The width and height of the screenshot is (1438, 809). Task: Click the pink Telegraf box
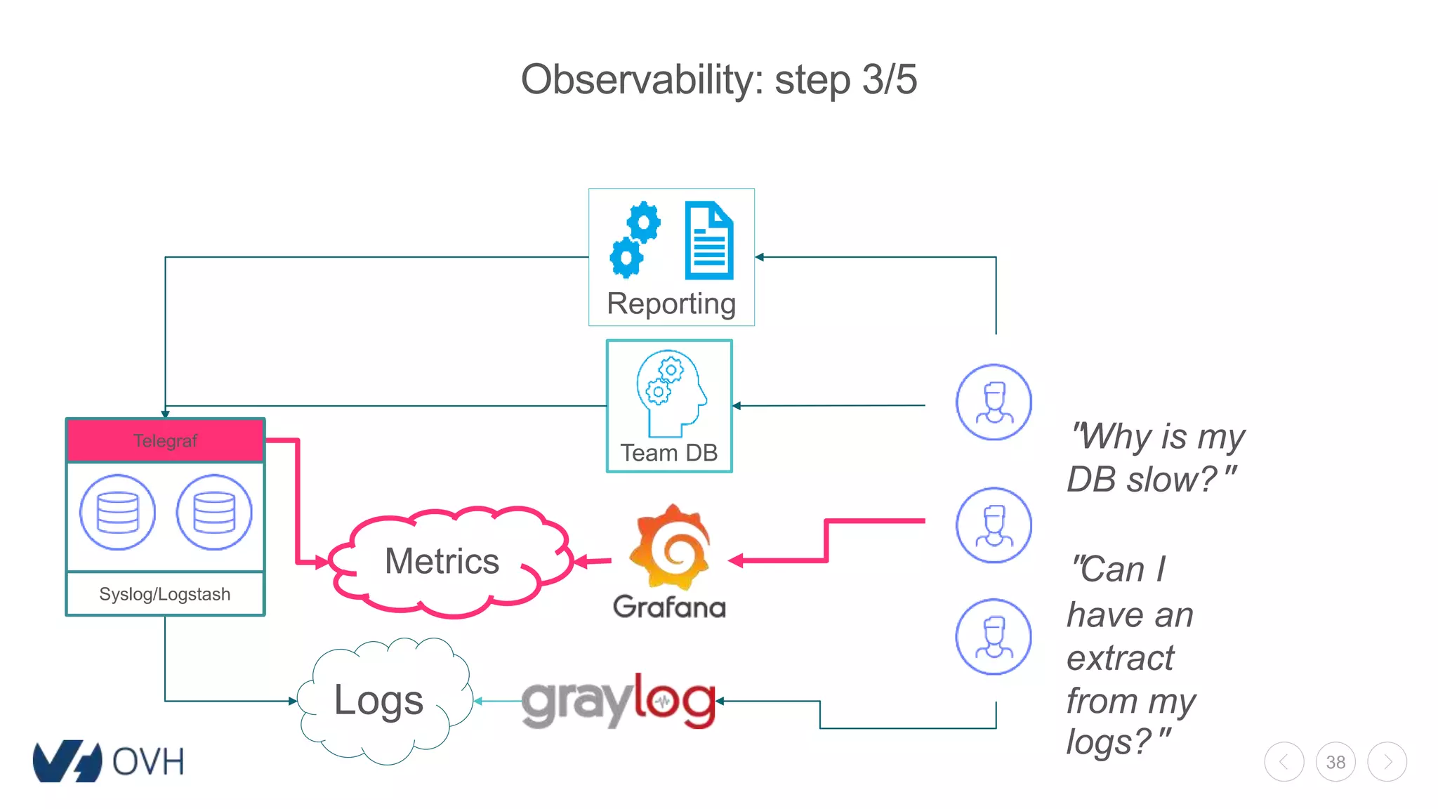pyautogui.click(x=165, y=440)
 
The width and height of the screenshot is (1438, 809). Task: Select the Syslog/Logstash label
pyautogui.click(x=165, y=594)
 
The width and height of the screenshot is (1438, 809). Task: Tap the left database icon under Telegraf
pyautogui.click(x=117, y=512)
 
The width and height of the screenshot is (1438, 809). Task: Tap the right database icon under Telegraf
pyautogui.click(x=213, y=512)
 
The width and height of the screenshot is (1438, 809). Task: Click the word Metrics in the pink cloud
pyautogui.click(x=442, y=561)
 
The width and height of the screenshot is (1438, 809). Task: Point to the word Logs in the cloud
pyautogui.click(x=378, y=700)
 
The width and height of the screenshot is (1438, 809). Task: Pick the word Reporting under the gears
pyautogui.click(x=671, y=303)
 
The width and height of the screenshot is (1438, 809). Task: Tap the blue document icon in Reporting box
pyautogui.click(x=709, y=240)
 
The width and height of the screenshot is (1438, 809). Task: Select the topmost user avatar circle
pyautogui.click(x=994, y=402)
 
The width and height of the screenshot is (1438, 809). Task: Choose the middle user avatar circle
pyautogui.click(x=994, y=525)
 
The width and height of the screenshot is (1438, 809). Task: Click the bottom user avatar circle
pyautogui.click(x=994, y=636)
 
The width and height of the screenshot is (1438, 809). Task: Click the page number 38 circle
pyautogui.click(x=1335, y=762)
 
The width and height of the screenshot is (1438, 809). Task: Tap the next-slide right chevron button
pyautogui.click(x=1387, y=762)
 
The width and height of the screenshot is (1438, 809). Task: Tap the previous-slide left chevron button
pyautogui.click(x=1284, y=762)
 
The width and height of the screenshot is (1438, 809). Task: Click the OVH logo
pyautogui.click(x=109, y=761)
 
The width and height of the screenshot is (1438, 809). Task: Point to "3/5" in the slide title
pyautogui.click(x=889, y=79)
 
